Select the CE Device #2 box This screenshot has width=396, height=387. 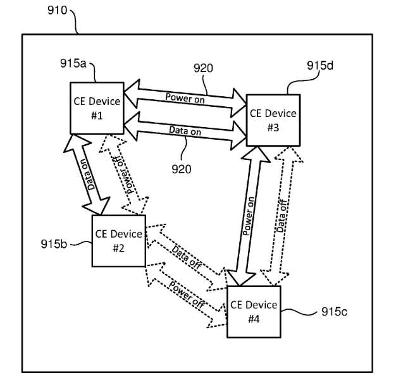click(118, 240)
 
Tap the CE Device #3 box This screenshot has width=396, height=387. click(273, 120)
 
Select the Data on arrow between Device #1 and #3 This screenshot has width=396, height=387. click(184, 129)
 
